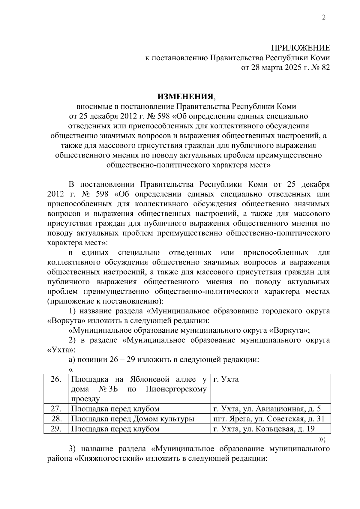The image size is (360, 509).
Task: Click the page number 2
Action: (324, 18)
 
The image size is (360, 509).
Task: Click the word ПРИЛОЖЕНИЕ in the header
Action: (300, 48)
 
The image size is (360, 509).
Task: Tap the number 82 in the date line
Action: (325, 67)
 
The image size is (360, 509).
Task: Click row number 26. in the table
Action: (56, 379)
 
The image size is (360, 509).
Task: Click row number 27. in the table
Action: (56, 409)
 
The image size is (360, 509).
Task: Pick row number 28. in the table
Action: (56, 419)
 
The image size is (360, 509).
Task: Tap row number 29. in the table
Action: (56, 429)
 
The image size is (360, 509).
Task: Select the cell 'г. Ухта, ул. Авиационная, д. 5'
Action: (267, 409)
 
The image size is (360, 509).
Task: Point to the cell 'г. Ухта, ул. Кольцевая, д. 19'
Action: (264, 429)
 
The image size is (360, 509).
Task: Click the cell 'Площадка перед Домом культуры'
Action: (133, 419)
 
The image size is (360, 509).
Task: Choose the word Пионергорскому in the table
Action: (176, 389)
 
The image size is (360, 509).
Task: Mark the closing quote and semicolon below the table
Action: (322, 439)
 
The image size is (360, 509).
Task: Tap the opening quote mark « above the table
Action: (71, 370)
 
